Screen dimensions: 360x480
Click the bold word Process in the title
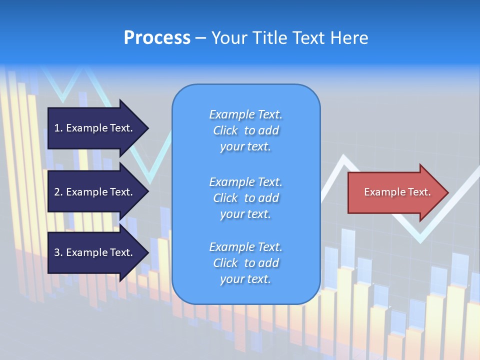157,38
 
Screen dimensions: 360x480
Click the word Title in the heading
268,38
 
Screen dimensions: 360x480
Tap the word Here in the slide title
349,38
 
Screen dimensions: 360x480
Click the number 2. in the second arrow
58,192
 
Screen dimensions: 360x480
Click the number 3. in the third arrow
58,252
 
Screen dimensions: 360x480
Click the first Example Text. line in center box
245,114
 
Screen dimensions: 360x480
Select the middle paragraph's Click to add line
245,198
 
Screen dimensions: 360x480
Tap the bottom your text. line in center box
245,279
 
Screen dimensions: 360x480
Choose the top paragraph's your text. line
245,146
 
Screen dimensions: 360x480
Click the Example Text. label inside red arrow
397,192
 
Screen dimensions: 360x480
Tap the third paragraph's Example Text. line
245,247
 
